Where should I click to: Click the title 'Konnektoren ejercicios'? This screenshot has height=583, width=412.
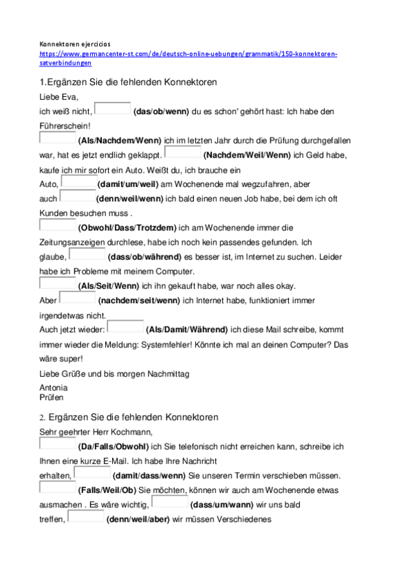pos(80,43)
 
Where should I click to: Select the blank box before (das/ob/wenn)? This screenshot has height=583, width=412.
pos(112,108)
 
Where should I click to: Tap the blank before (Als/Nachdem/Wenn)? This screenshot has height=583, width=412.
pos(58,138)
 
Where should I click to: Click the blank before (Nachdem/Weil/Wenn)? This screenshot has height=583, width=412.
pos(183,153)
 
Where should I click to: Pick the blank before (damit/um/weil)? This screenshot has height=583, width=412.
pos(78,182)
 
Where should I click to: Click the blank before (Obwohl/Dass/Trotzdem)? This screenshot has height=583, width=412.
pos(58,225)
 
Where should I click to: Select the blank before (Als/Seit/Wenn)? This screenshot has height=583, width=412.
pos(58,283)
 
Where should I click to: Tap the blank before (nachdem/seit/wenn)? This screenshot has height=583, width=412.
pos(78,298)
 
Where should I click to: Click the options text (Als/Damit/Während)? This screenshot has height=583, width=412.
pos(187,329)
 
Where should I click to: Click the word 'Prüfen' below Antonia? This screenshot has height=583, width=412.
pos(52,397)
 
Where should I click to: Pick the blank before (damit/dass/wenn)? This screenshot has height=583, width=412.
pos(91,474)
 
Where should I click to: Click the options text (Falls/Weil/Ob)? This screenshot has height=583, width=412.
pos(108,490)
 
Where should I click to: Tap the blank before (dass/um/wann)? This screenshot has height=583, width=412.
pos(169,503)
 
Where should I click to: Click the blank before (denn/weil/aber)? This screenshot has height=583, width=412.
pos(86,517)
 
